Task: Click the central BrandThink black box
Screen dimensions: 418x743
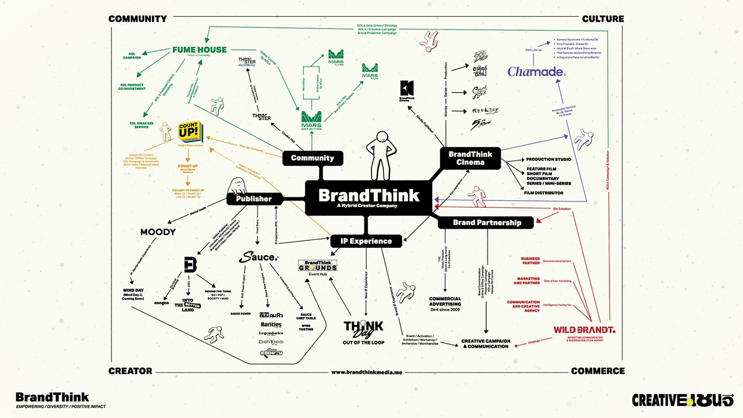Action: [369, 197]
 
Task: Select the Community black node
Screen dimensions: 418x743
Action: [312, 158]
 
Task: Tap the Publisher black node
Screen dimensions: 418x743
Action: [253, 199]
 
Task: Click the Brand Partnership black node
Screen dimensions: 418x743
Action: [486, 222]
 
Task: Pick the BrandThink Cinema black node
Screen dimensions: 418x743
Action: [470, 158]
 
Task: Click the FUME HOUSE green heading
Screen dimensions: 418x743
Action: [199, 51]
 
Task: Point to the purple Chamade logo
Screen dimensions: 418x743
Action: [536, 71]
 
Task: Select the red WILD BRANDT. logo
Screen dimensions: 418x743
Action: [583, 330]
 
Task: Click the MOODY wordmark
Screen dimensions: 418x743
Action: [157, 232]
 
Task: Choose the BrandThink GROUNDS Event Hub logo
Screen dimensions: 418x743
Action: [317, 268]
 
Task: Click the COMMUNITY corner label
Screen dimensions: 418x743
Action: [138, 19]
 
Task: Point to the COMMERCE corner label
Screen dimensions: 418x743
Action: [597, 371]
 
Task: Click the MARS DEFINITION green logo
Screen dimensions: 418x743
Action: [311, 121]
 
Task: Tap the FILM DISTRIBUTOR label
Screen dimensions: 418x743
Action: [543, 193]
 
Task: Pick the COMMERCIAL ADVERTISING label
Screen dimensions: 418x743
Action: [445, 301]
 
